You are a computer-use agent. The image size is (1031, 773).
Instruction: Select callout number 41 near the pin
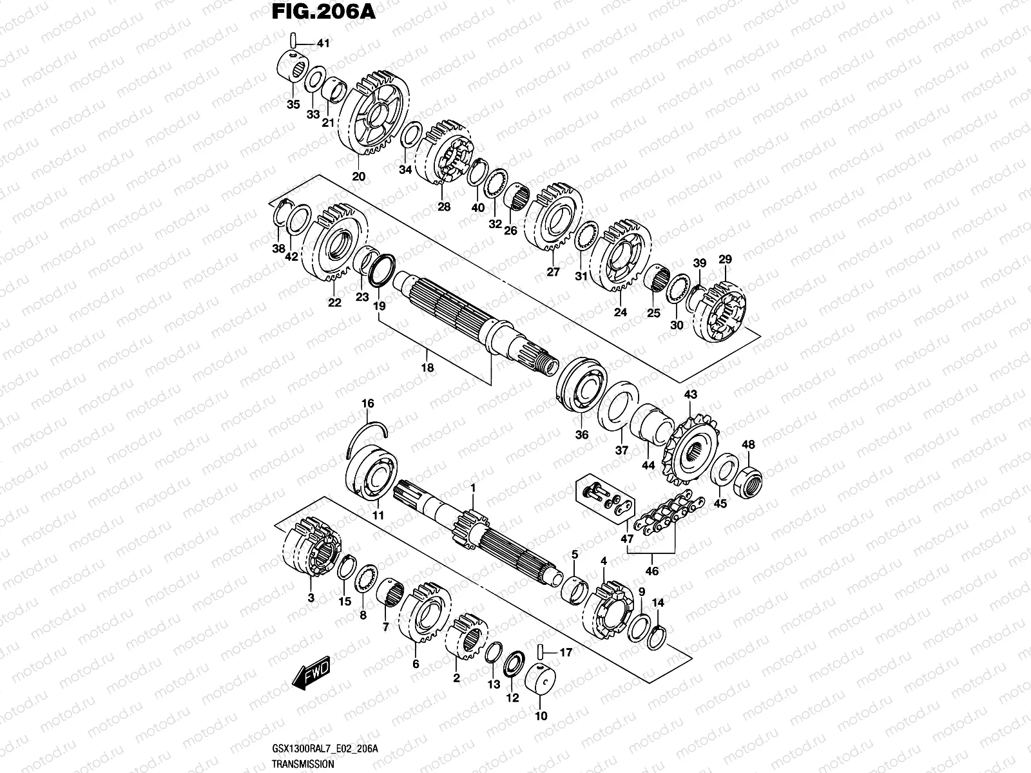(x=322, y=44)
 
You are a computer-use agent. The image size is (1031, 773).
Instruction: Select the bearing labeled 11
(x=372, y=471)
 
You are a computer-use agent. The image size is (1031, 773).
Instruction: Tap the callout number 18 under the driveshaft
(x=427, y=368)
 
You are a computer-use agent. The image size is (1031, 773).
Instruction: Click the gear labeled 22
(x=338, y=242)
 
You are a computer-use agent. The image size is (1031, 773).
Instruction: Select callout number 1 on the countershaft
(x=472, y=488)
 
